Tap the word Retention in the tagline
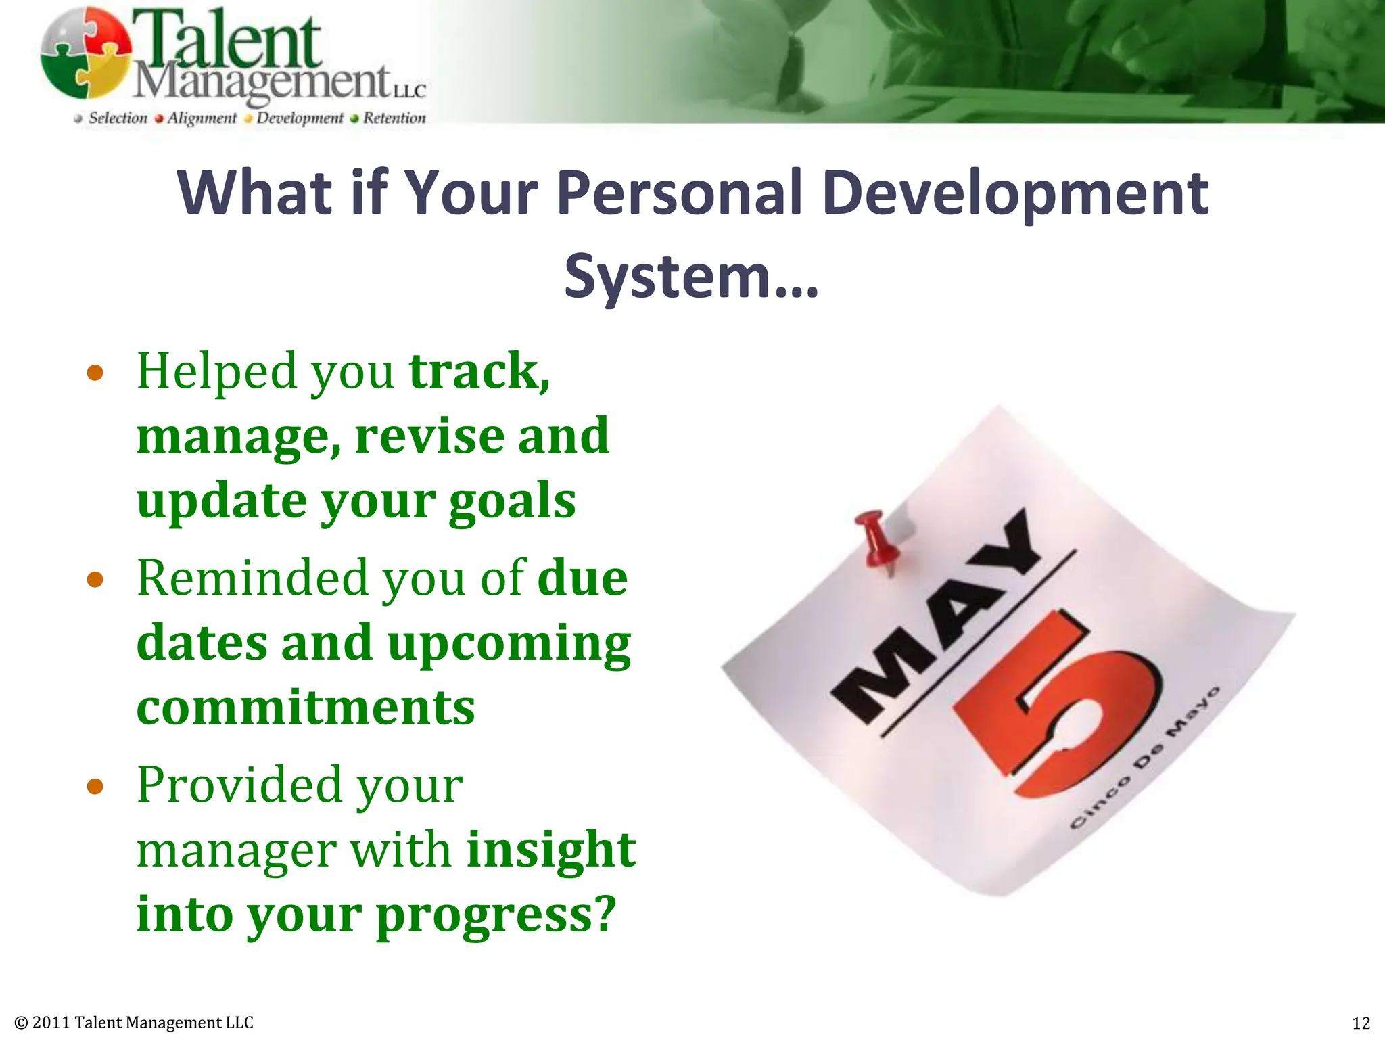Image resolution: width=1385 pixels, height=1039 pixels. click(x=394, y=118)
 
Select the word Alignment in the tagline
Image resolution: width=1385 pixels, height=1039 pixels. click(x=202, y=118)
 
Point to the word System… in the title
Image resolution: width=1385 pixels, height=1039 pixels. click(x=691, y=276)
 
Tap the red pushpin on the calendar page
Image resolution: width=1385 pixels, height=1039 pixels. click(x=878, y=541)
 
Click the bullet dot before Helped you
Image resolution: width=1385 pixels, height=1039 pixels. click(x=95, y=373)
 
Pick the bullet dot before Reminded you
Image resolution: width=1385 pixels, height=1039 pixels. click(x=95, y=580)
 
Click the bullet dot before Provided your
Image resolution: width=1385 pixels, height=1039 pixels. click(x=95, y=786)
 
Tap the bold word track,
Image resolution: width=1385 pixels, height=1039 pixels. click(x=479, y=371)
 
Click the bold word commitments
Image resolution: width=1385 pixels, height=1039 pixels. click(x=306, y=708)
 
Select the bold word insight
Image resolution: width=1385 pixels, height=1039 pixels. click(x=551, y=849)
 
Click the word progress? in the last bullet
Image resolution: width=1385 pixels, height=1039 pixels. click(x=496, y=915)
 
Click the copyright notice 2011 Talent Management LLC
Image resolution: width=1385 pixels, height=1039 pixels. click(x=134, y=1023)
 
